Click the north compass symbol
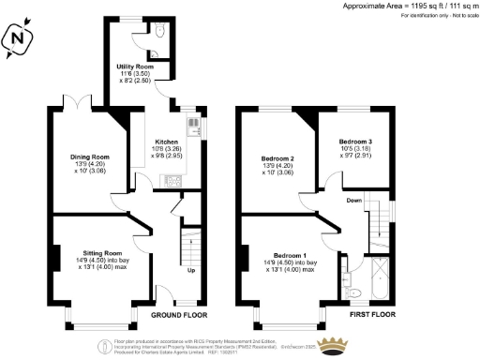[20, 38]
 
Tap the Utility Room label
[134, 67]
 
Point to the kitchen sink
[194, 125]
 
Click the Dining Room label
[91, 157]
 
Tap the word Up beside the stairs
[192, 270]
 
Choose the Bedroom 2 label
[278, 158]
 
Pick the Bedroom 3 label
[355, 142]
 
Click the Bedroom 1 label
[290, 255]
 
